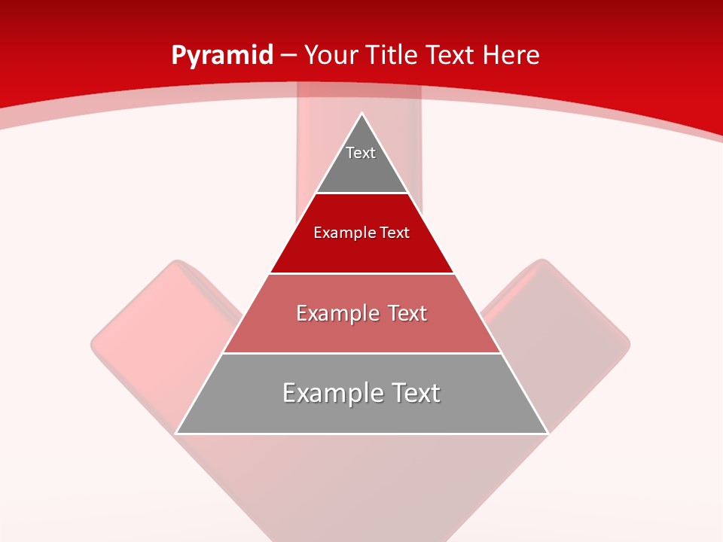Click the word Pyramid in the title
pos(222,56)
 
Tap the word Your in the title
pos(331,56)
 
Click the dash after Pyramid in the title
pos(288,56)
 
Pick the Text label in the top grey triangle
pos(361,153)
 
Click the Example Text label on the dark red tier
pos(361,233)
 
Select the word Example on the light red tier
pos(335,313)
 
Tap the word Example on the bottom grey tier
pos(330,393)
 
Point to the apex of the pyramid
pos(362,114)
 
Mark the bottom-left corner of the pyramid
pos(177,433)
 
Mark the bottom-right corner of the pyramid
pos(547,433)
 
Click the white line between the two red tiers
pos(361,273)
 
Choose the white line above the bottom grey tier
pos(361,353)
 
